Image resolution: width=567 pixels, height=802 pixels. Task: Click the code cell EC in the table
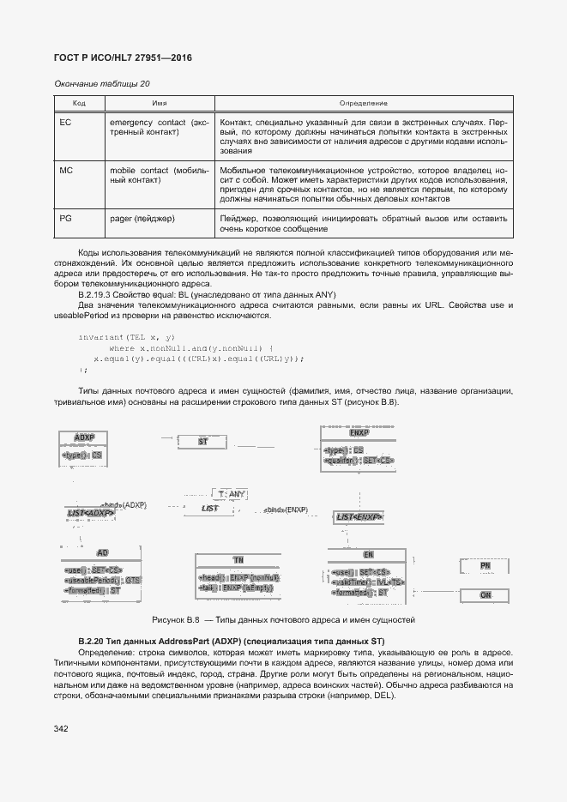click(65, 123)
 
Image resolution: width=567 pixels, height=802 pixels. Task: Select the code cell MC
click(66, 171)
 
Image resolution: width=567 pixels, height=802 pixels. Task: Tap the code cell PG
click(65, 219)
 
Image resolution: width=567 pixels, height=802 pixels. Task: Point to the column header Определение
click(364, 103)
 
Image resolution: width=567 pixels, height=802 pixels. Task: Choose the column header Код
click(79, 103)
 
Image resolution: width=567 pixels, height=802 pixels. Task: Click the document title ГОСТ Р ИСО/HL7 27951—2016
click(123, 57)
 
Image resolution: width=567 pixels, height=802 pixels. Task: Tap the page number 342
click(61, 728)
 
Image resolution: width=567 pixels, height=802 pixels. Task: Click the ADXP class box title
click(84, 437)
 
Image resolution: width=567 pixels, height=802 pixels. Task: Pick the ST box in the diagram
click(203, 441)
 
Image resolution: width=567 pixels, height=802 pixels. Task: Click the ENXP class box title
click(359, 433)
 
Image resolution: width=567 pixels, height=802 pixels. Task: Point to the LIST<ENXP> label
click(359, 517)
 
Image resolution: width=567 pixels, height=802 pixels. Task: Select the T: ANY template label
click(231, 494)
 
